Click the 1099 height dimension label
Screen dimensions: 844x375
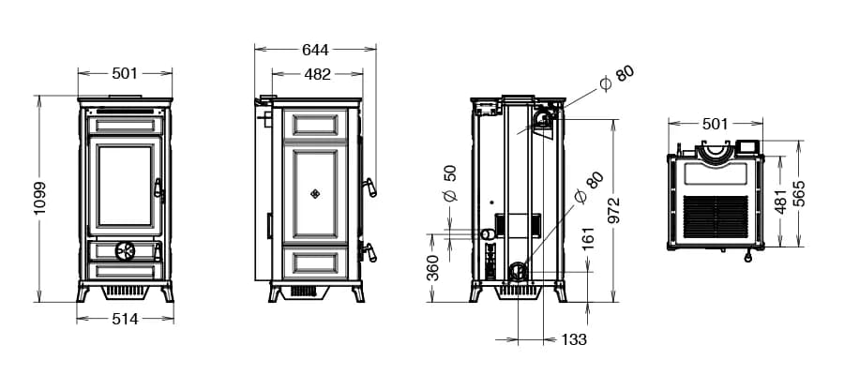pyautogui.click(x=39, y=198)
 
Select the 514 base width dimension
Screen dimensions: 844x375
pyautogui.click(x=125, y=319)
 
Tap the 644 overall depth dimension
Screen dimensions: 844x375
pyautogui.click(x=315, y=50)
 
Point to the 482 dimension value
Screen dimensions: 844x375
pyautogui.click(x=317, y=74)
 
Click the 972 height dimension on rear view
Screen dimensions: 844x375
pyautogui.click(x=613, y=210)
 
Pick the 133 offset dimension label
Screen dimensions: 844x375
pyautogui.click(x=574, y=339)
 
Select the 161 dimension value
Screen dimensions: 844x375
pyautogui.click(x=588, y=238)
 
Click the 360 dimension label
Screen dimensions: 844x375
pyautogui.click(x=432, y=267)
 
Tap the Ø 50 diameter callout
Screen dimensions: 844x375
pyautogui.click(x=450, y=183)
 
